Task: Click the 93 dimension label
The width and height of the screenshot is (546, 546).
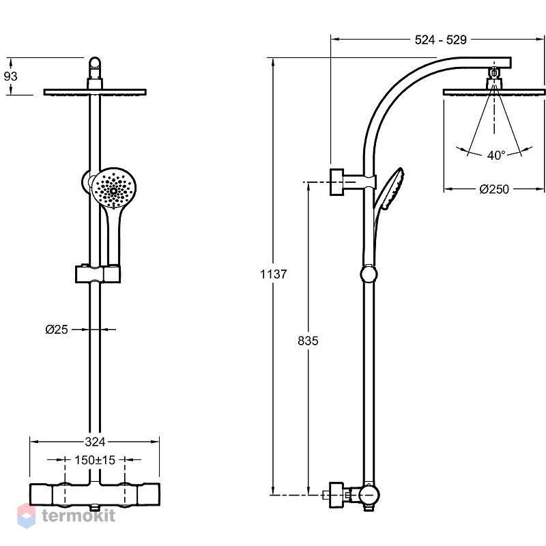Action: (x=10, y=76)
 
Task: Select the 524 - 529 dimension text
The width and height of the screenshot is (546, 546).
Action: (x=440, y=40)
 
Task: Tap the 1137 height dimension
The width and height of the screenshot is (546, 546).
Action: (x=274, y=274)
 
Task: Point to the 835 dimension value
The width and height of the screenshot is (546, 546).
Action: (x=308, y=341)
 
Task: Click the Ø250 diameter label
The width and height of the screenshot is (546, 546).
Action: (x=494, y=189)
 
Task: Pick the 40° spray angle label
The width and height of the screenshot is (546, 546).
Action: (x=496, y=155)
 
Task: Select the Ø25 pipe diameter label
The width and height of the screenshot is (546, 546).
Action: (x=57, y=330)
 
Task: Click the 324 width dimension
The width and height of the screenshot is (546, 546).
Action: (x=95, y=442)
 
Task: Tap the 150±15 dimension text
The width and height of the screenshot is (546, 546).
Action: (x=95, y=460)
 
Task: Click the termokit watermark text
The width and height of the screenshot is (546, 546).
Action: (x=78, y=515)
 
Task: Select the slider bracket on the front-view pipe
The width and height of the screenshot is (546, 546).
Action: (x=98, y=274)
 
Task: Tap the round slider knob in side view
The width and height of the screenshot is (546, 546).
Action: (x=369, y=274)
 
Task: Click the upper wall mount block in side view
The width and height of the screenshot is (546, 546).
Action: (x=336, y=182)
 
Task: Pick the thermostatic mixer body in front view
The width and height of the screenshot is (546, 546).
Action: (x=95, y=494)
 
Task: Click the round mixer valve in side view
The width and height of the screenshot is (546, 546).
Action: (x=369, y=494)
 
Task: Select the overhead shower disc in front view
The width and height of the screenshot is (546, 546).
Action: (x=95, y=92)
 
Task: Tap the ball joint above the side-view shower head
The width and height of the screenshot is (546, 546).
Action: (x=493, y=73)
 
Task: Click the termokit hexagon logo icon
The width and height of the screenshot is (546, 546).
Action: (x=27, y=515)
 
